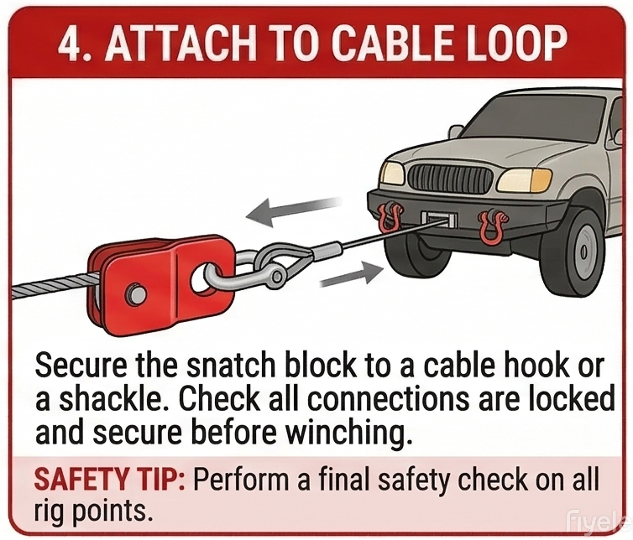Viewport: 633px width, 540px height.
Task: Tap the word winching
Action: (x=357, y=434)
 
